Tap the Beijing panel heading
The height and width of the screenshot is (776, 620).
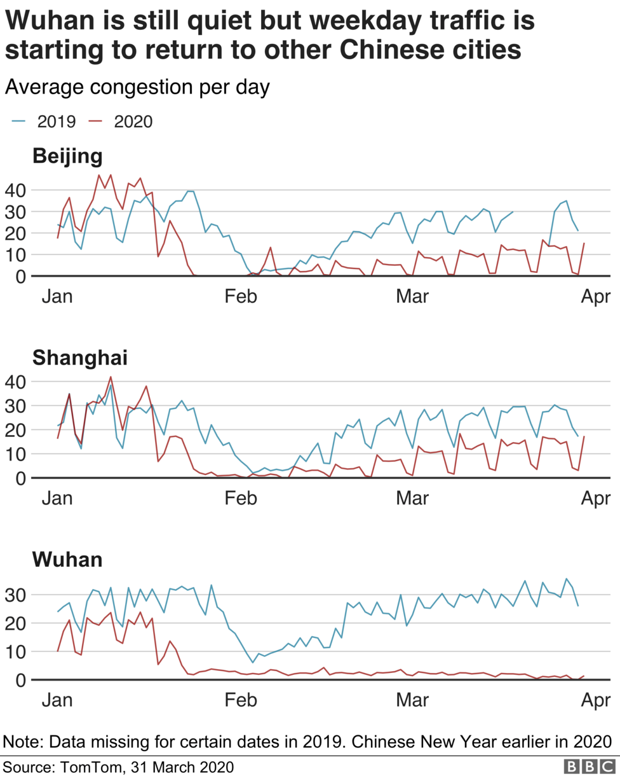(67, 156)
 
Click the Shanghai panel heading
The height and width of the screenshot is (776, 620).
(80, 358)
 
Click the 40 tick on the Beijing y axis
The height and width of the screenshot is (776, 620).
(15, 190)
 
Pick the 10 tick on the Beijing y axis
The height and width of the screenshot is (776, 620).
(15, 254)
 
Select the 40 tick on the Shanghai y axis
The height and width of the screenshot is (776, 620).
(15, 382)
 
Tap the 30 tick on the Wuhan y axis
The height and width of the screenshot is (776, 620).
(15, 595)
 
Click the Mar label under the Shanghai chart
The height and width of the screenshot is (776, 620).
(413, 498)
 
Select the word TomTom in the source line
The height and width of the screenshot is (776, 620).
(91, 766)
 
